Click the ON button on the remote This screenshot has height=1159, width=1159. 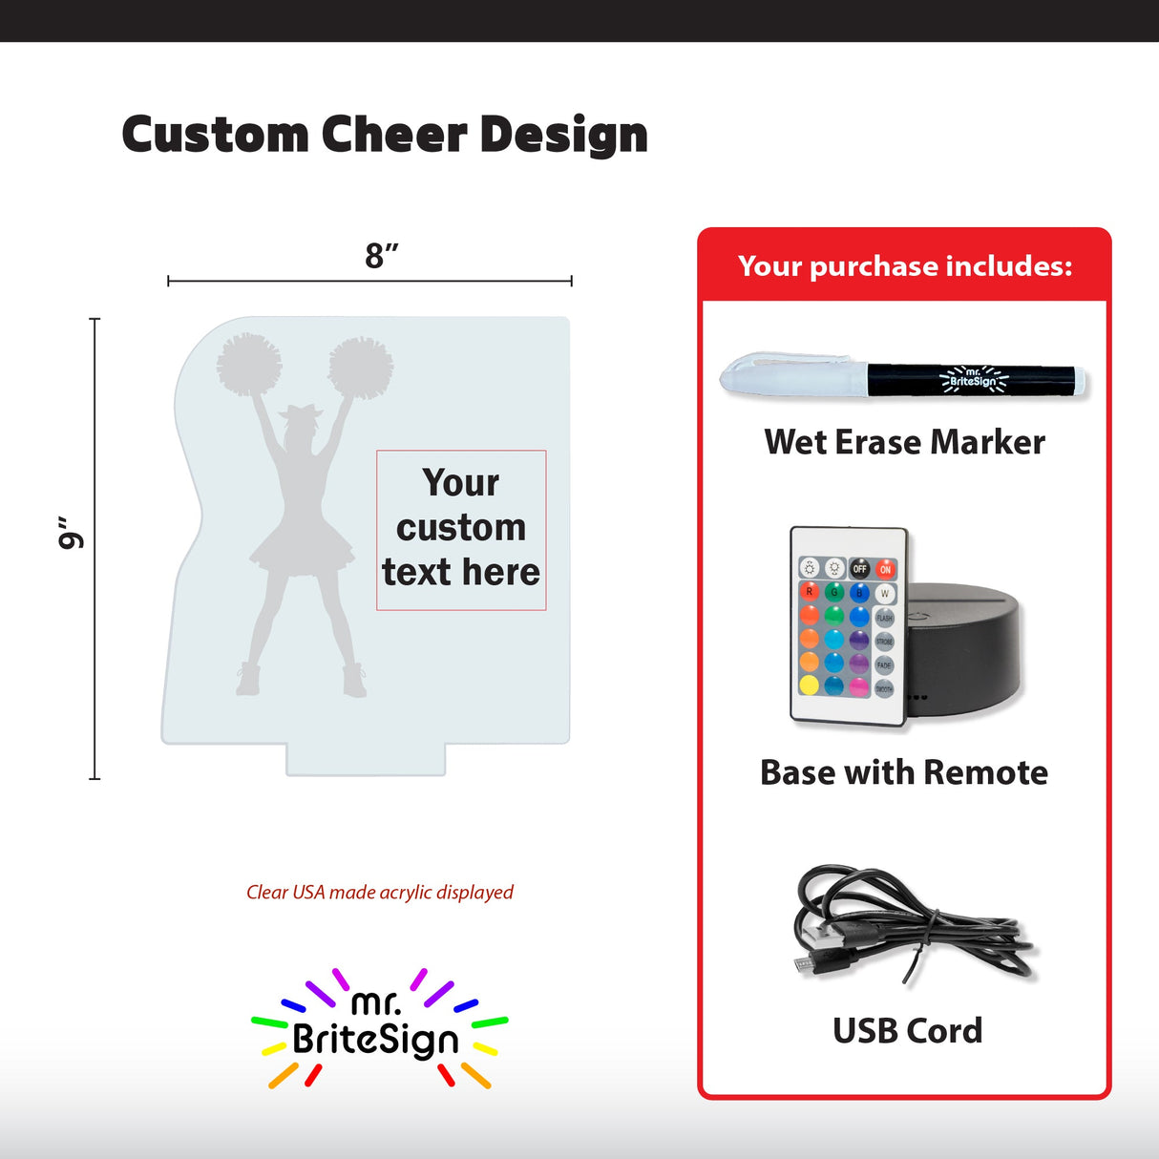click(886, 569)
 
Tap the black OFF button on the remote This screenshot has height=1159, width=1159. click(860, 569)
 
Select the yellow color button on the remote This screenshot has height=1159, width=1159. click(810, 685)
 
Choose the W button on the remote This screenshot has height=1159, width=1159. click(884, 593)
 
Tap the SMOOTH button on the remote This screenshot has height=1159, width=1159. click(884, 688)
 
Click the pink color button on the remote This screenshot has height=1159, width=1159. click(859, 686)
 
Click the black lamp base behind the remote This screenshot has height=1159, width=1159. click(964, 649)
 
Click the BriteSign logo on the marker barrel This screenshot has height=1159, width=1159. click(973, 378)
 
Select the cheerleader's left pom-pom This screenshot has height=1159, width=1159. click(249, 364)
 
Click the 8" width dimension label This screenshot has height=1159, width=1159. click(381, 256)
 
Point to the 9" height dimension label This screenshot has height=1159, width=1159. click(71, 534)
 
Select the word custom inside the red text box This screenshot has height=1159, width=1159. click(461, 527)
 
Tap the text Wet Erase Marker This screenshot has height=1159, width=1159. click(904, 442)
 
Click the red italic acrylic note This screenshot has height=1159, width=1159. click(380, 892)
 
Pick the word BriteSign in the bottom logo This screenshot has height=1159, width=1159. click(376, 1040)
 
